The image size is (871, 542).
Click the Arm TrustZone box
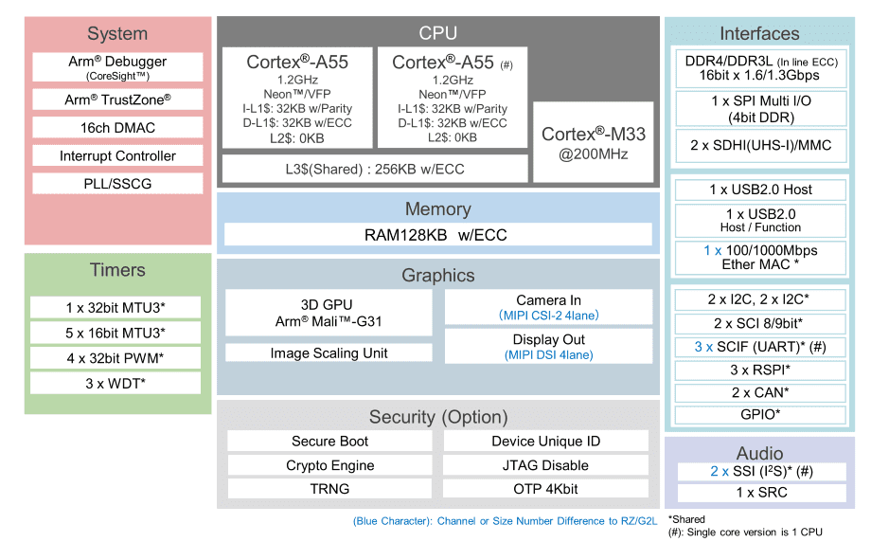click(x=117, y=99)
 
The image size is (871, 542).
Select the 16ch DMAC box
click(x=117, y=128)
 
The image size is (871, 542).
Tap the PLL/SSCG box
click(x=117, y=183)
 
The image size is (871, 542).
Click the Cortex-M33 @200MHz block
click(x=593, y=142)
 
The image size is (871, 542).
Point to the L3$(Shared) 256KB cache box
click(x=375, y=169)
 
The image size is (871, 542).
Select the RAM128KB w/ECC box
click(x=437, y=234)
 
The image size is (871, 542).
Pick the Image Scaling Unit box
click(x=329, y=352)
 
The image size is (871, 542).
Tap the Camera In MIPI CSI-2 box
click(x=548, y=307)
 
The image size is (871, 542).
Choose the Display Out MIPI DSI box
click(x=548, y=347)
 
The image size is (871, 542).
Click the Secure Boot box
click(x=329, y=441)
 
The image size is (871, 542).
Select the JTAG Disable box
click(x=545, y=465)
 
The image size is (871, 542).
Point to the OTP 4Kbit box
click(x=545, y=489)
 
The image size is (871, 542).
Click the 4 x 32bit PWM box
click(x=116, y=358)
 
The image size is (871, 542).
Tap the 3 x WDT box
click(x=116, y=383)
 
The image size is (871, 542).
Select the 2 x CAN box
click(x=760, y=392)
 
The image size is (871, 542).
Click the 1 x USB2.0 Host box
click(x=760, y=190)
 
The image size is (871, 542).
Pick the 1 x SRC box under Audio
click(x=760, y=493)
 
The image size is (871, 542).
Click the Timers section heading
click(x=117, y=270)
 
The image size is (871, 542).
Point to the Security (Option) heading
click(x=437, y=417)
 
